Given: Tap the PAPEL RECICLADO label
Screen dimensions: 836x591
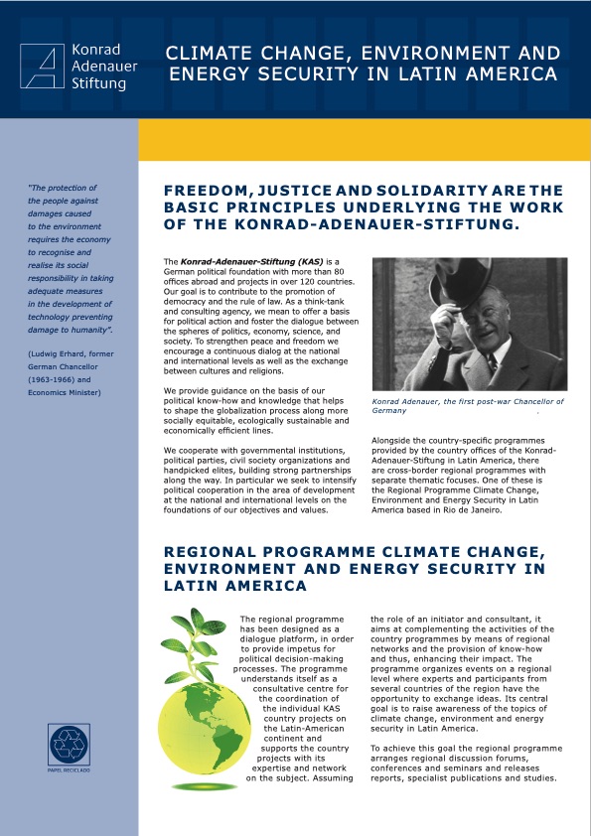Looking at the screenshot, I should tap(68, 770).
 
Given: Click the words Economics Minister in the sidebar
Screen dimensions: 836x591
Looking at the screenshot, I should tap(72, 392).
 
